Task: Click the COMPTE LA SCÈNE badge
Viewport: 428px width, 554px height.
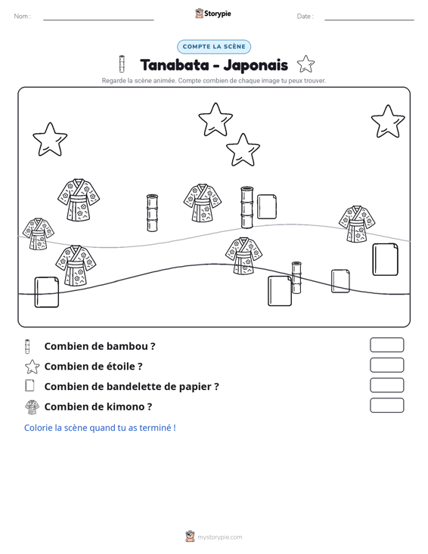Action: (x=214, y=47)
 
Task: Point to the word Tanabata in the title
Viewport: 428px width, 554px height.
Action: (x=175, y=65)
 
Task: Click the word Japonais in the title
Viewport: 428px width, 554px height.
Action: (x=256, y=65)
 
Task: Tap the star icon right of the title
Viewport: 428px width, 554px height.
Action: (x=305, y=64)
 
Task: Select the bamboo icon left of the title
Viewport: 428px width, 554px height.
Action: (x=122, y=63)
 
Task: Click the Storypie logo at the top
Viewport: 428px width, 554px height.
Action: (x=212, y=14)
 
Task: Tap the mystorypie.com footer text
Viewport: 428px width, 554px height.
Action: (x=219, y=537)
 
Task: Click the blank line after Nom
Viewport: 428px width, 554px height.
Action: (x=98, y=20)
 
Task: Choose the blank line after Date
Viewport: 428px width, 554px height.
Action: (x=369, y=20)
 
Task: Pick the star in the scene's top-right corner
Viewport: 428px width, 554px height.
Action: (x=388, y=122)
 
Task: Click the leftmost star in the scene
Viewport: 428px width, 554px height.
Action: (x=50, y=140)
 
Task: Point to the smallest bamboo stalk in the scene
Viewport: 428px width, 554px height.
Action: (x=296, y=277)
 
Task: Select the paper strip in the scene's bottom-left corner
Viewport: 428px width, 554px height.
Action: (x=47, y=292)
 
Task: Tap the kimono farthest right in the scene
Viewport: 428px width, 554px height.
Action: (x=357, y=224)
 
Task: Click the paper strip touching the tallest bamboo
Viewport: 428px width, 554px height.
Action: (x=267, y=206)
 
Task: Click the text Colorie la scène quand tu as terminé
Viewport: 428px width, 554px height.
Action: (x=100, y=428)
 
